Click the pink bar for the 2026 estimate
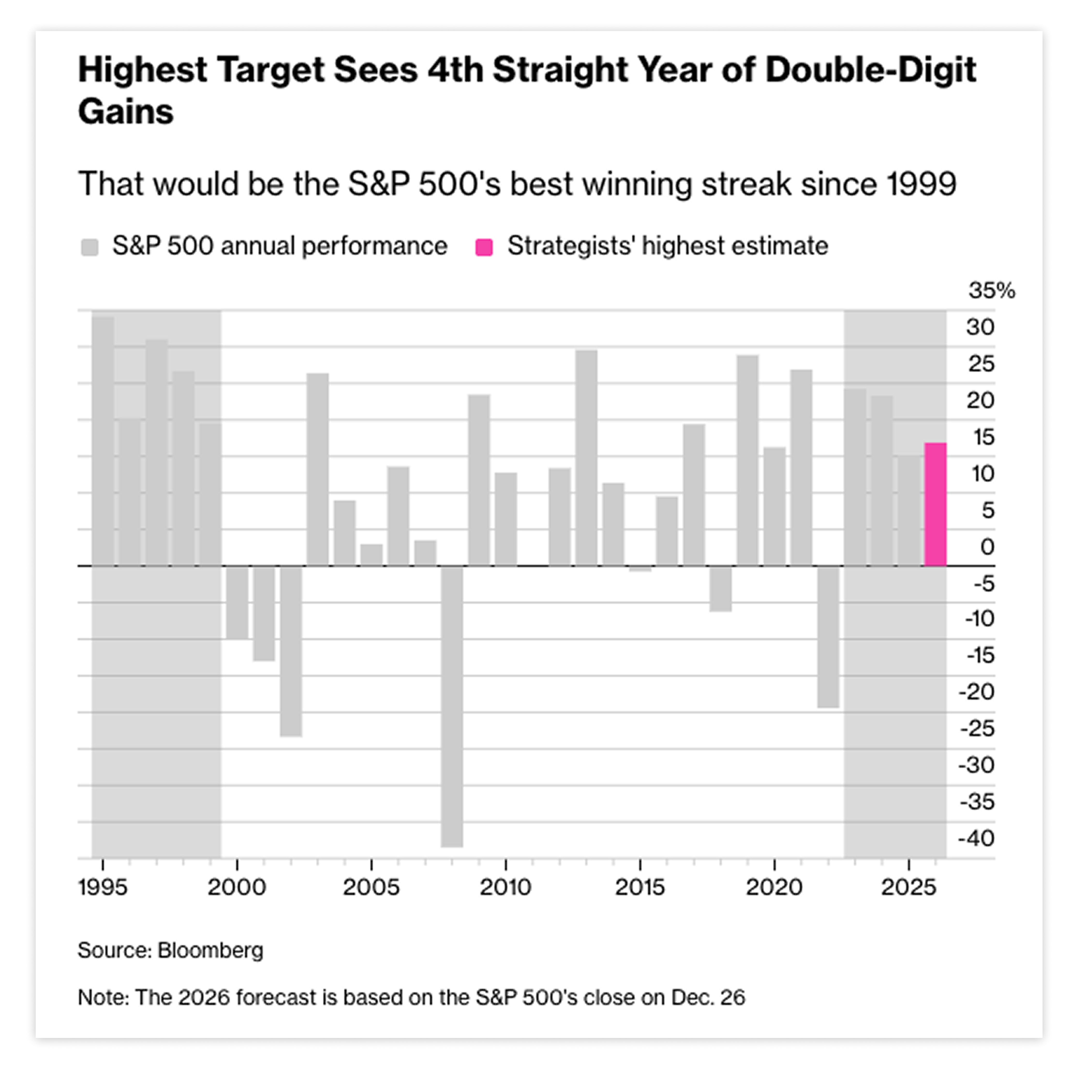(x=935, y=504)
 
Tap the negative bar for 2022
(x=828, y=637)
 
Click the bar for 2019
(x=748, y=460)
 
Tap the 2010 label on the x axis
(x=505, y=887)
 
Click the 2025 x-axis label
(x=908, y=887)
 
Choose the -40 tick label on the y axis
(x=976, y=838)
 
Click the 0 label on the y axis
(x=988, y=547)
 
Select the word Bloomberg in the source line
(x=210, y=950)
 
